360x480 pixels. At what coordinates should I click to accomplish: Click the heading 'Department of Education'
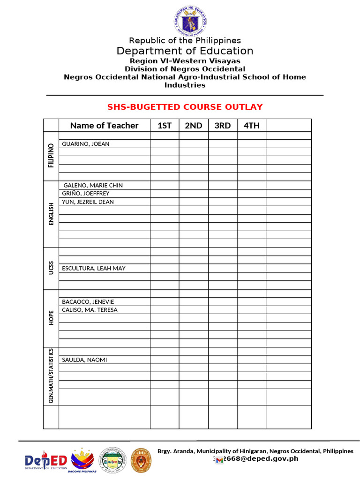pos(185,51)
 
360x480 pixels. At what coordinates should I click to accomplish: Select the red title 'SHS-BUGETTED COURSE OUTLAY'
pos(185,107)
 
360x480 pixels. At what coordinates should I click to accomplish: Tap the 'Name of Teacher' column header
pos(104,125)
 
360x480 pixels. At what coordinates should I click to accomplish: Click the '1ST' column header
pos(164,125)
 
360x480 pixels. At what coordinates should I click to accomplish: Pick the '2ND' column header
pos(193,125)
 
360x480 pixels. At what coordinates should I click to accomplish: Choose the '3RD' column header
pos(223,125)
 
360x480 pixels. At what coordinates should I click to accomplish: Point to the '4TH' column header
pos(251,125)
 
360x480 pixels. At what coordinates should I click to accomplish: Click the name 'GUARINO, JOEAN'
pos(86,144)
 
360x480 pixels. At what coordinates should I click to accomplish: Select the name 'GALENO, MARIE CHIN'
pos(93,186)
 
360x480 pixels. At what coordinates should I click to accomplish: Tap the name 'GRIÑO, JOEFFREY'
pos(86,194)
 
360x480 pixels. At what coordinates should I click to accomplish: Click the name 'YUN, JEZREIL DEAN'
pos(88,202)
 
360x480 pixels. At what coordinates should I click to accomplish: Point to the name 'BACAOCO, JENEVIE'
pos(88,302)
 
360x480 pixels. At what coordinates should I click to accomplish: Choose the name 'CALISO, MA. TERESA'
pos(90,310)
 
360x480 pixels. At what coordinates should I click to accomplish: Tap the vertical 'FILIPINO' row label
pos(51,156)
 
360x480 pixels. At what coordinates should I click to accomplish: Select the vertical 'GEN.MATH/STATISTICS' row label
pos(51,376)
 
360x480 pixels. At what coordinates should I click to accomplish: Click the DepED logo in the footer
pos(45,461)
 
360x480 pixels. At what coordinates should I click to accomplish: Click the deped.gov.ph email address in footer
pos(256,459)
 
